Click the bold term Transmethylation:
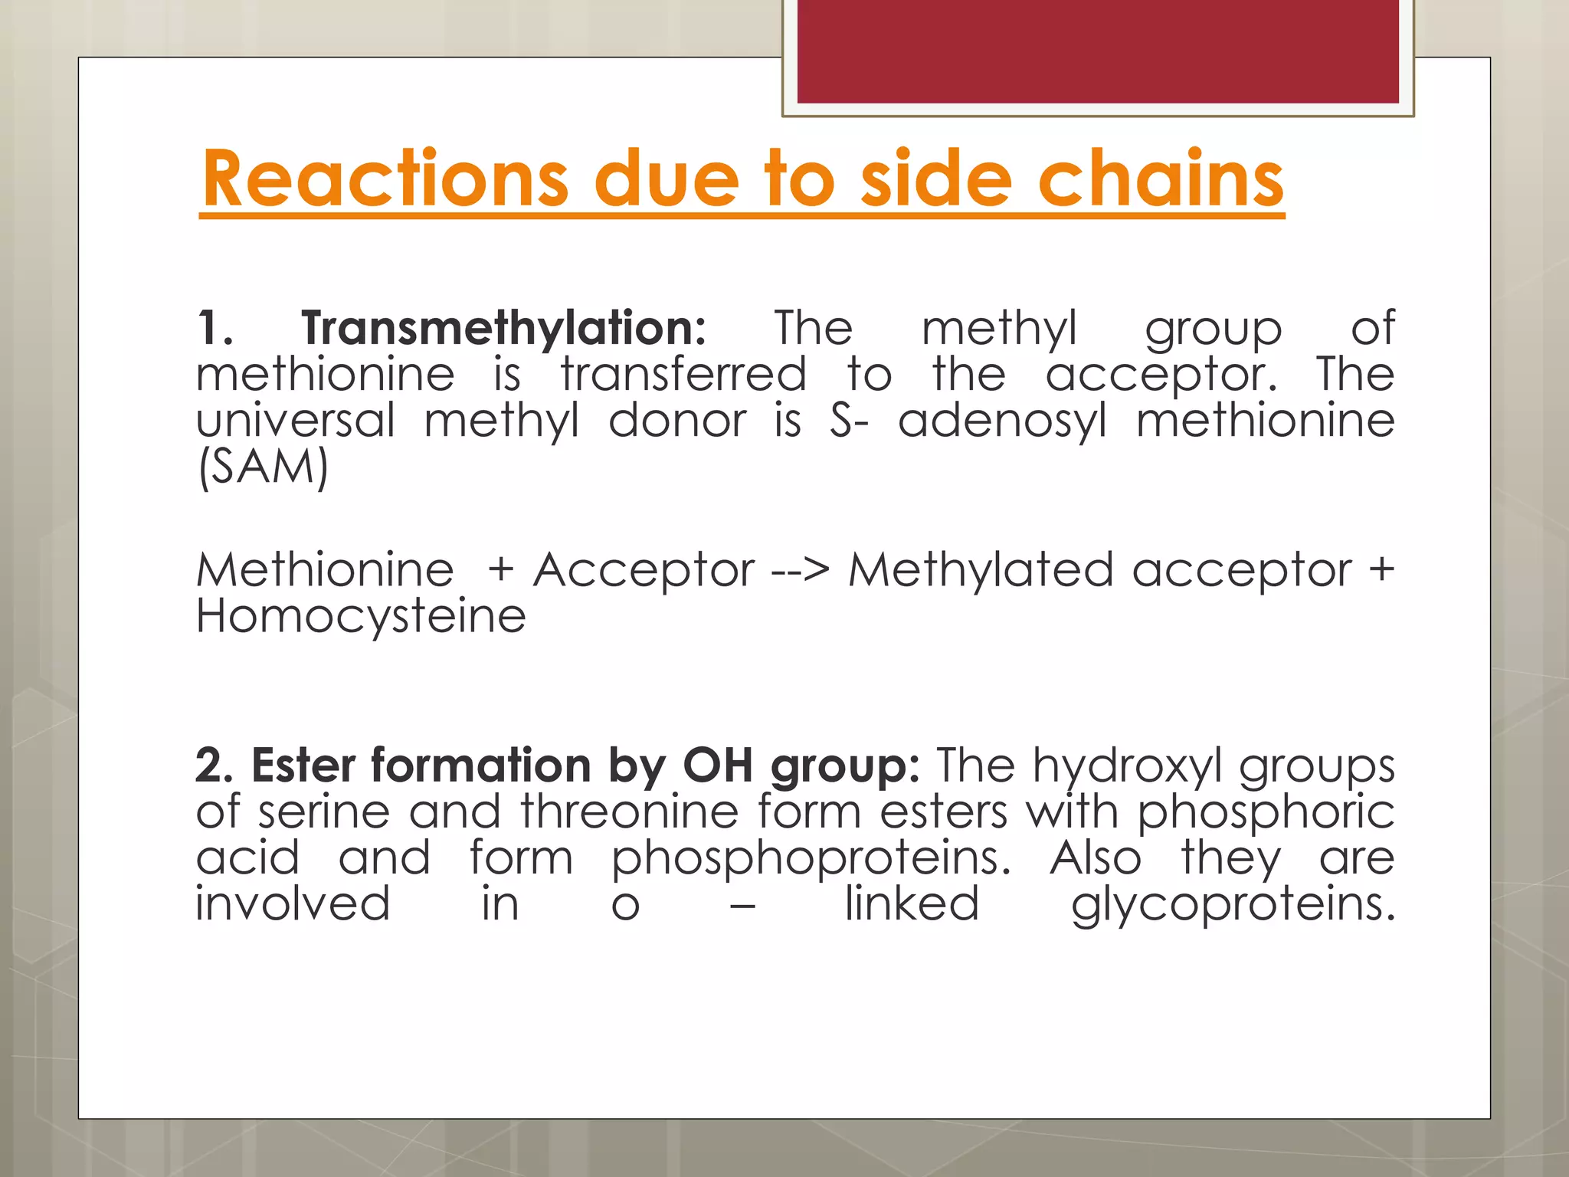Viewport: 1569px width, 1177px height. coord(503,329)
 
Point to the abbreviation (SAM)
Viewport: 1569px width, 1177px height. coord(263,467)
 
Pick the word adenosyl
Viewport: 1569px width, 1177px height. coord(1002,421)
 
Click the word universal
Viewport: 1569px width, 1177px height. coord(296,421)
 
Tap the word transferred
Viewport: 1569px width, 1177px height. coord(683,375)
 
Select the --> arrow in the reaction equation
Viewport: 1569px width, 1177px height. coord(801,571)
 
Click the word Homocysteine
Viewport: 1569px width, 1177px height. coord(361,617)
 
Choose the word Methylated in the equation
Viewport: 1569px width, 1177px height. coord(981,571)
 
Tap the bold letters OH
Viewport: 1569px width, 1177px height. coord(718,766)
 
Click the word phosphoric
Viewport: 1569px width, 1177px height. coord(1265,813)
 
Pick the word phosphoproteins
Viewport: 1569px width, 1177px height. coord(811,859)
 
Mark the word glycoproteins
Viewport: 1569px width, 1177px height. coord(1233,905)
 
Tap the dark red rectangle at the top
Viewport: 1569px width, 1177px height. coord(1098,51)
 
